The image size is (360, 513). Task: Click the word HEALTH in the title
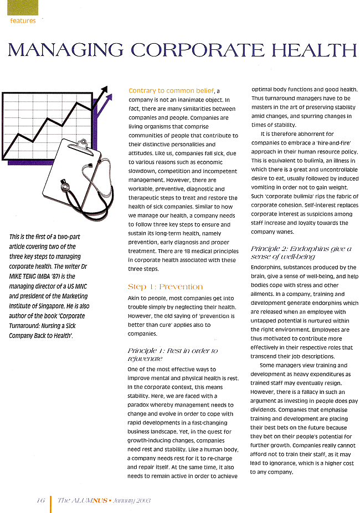[x=310, y=50]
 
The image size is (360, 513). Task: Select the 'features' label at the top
[x=23, y=20]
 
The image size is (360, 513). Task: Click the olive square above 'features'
[x=22, y=7]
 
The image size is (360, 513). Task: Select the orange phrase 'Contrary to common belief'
[x=171, y=90]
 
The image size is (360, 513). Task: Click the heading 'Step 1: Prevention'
[x=165, y=286]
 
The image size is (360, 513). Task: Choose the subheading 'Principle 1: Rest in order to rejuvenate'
[x=172, y=355]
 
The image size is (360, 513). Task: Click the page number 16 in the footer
[x=40, y=500]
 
